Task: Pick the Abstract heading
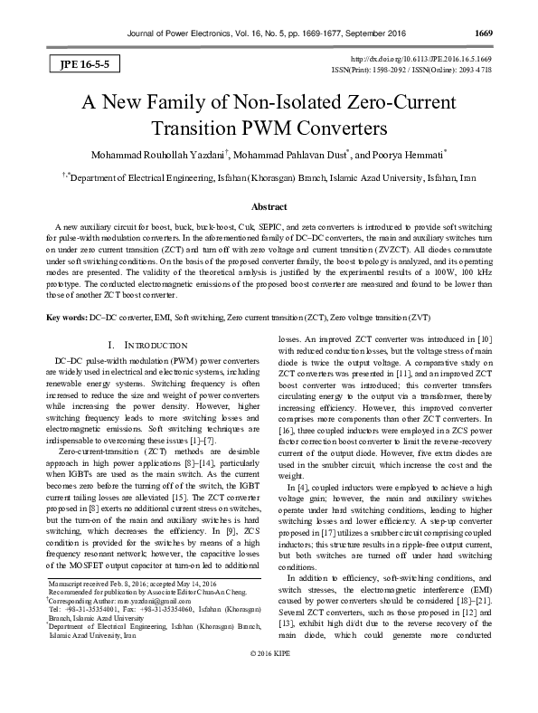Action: [269, 207]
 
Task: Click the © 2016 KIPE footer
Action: [269, 701]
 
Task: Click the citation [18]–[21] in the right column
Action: [469, 623]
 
